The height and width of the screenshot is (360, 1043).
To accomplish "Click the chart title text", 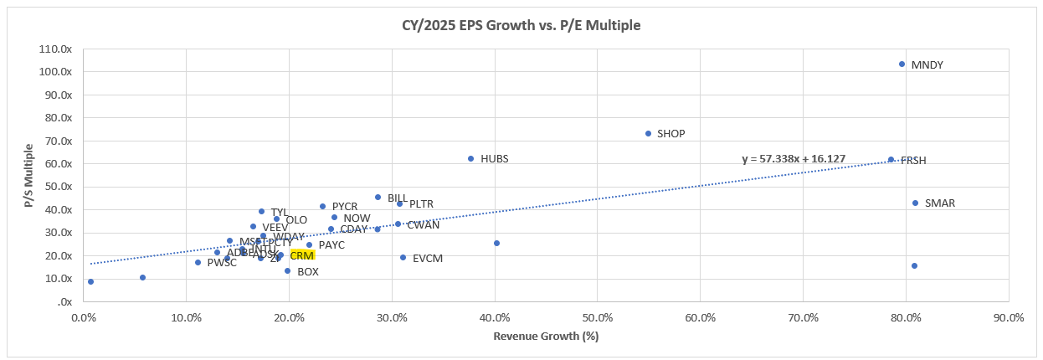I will point(521,25).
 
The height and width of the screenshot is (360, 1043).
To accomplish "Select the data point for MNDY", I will point(902,64).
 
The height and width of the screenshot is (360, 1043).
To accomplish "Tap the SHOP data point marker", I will point(648,133).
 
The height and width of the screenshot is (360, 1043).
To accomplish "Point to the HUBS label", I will point(494,158).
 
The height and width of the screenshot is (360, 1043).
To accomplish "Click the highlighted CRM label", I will point(302,255).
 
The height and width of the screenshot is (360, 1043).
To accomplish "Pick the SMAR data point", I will point(915,203).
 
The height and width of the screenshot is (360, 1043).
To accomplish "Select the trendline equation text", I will point(800,158).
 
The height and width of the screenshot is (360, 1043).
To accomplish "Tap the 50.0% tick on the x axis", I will point(597,318).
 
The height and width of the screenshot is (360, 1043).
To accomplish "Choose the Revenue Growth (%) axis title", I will point(545,337).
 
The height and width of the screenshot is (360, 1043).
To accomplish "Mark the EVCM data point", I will point(403,258).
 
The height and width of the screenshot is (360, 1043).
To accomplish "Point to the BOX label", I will point(307,272).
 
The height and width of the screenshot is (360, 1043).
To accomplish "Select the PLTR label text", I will point(421,203).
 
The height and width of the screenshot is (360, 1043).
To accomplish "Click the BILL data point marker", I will point(378,198).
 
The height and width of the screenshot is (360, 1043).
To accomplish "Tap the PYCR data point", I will point(322,206).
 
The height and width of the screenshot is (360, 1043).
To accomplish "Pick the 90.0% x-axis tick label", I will point(1008,318).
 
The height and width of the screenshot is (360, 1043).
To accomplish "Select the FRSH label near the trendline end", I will point(913,161).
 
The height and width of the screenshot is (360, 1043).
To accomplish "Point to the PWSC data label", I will point(222,263).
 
